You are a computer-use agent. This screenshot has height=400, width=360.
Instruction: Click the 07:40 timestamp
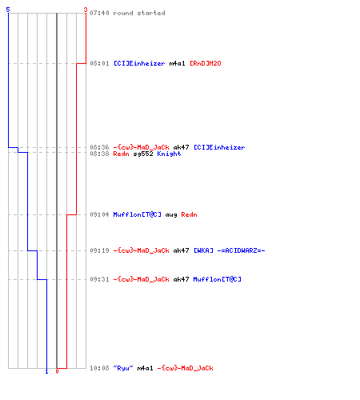pos(99,13)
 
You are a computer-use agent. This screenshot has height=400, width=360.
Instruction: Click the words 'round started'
pos(139,13)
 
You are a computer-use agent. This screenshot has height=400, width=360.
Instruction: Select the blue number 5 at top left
pos(8,10)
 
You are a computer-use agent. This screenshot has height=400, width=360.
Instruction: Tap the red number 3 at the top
pos(86,10)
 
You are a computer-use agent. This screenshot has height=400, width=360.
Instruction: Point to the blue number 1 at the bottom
pos(46,371)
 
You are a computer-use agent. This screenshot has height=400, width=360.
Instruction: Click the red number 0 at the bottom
pos(57,371)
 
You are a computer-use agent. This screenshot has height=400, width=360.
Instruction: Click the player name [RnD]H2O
pos(206,63)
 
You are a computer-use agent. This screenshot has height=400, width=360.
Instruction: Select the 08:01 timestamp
pos(99,63)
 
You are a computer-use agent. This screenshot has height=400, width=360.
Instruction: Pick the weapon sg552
pos(143,154)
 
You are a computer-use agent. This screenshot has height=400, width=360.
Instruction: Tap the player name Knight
pos(169,154)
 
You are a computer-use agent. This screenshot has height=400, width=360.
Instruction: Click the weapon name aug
pos(171,215)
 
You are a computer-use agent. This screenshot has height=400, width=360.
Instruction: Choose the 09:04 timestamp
pos(99,214)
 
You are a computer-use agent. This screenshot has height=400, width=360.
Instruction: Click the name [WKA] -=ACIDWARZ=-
pos(230,250)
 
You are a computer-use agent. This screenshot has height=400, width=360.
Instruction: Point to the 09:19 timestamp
pos(99,250)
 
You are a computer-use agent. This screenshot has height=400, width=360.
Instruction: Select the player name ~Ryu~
pos(123,368)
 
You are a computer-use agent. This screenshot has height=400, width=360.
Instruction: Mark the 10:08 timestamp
pos(99,368)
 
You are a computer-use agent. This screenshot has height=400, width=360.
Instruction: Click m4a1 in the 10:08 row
pos(145,368)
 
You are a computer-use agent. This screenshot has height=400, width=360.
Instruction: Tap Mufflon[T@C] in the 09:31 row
pos(218,279)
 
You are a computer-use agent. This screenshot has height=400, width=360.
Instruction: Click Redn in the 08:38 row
pos(121,154)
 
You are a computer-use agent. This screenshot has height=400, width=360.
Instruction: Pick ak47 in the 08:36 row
pos(181,147)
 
